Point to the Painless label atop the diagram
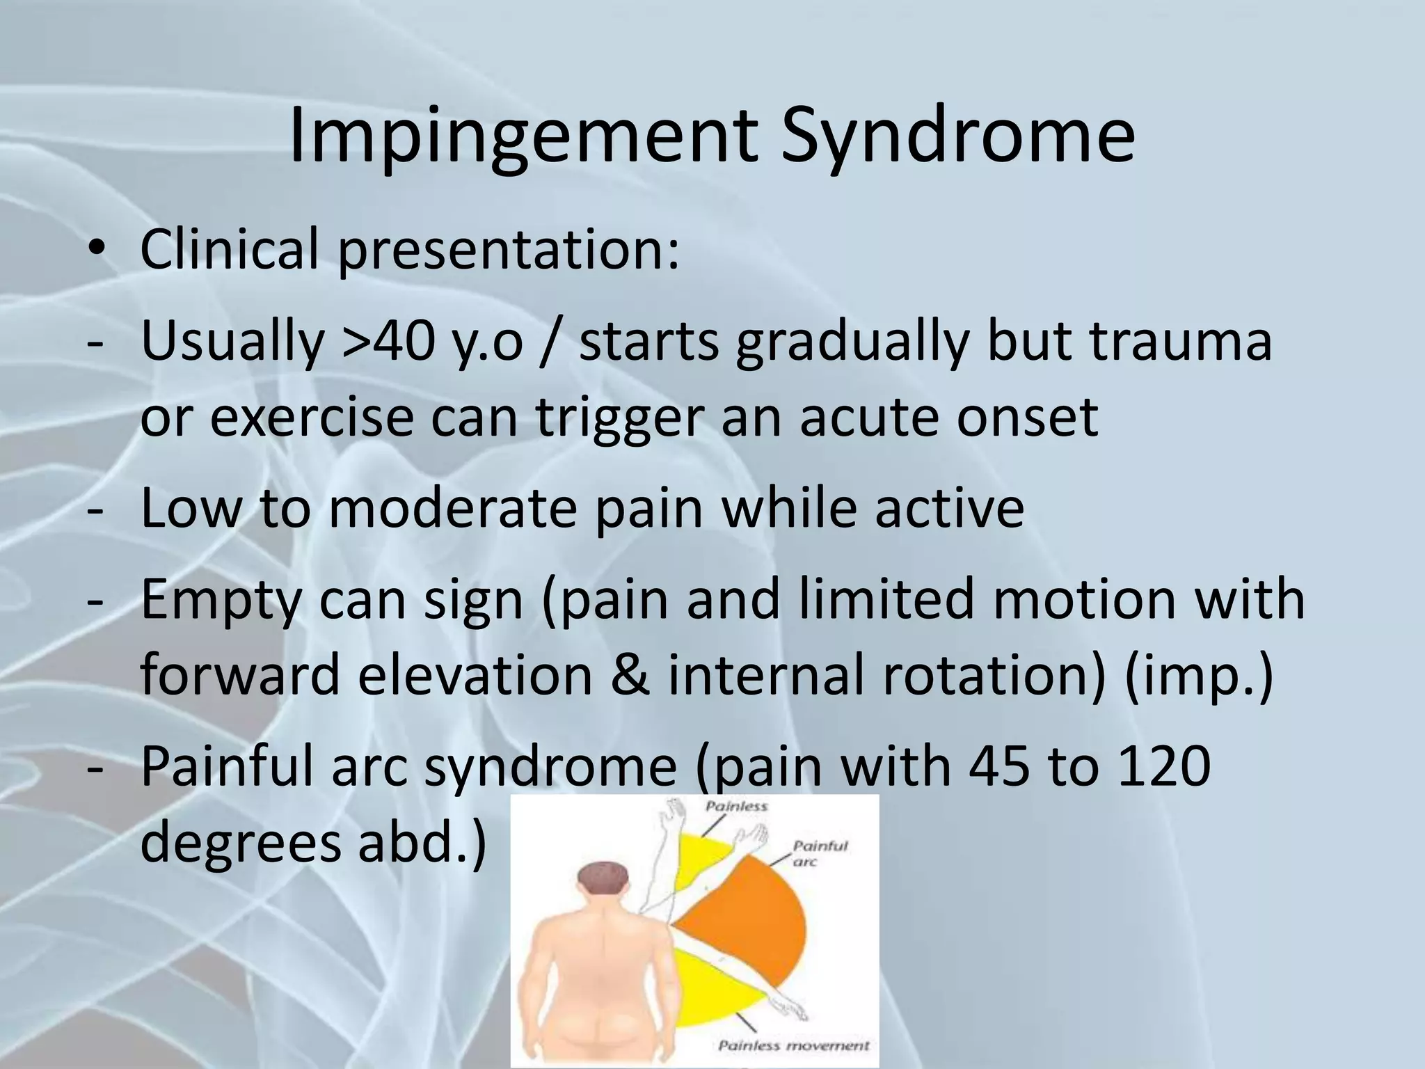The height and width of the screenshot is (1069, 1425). [736, 807]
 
